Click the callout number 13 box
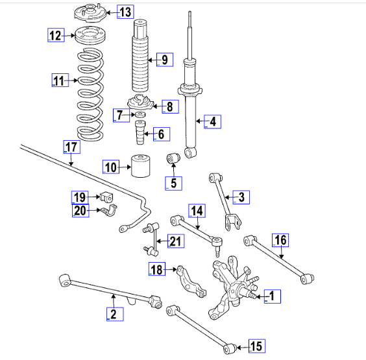[125, 12]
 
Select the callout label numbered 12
[56, 35]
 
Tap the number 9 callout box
[165, 60]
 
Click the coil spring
[90, 95]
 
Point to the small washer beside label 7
[140, 115]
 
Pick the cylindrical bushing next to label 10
[141, 166]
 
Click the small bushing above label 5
[173, 158]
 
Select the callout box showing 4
[212, 121]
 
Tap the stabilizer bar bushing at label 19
[106, 197]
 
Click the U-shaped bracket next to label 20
[109, 210]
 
